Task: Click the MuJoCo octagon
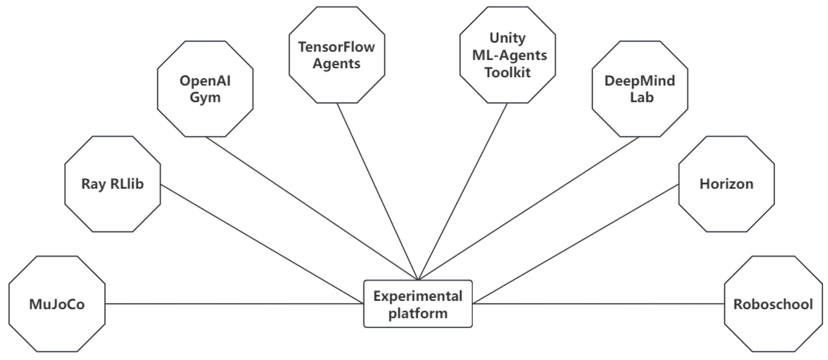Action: [57, 304]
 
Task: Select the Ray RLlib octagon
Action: [112, 184]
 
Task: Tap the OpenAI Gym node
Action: [205, 89]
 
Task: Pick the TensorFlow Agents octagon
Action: [337, 55]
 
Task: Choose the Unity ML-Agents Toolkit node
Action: [508, 55]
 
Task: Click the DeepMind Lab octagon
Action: [640, 89]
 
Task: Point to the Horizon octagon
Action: [727, 184]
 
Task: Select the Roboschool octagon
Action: [773, 304]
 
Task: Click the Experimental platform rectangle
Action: [418, 304]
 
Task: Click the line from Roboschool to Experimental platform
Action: [598, 304]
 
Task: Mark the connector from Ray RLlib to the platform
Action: [262, 244]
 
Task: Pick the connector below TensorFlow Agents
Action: [377, 191]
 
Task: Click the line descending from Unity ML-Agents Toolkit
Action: [463, 191]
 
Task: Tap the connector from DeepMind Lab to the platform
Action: [529, 208]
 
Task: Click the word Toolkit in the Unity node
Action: [508, 72]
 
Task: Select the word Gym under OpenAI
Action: [205, 97]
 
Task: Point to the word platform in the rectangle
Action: [418, 313]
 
